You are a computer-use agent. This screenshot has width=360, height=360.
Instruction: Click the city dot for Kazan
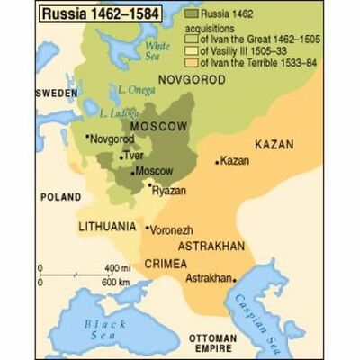click(217, 162)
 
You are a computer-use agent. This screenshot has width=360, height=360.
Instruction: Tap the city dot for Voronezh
click(147, 229)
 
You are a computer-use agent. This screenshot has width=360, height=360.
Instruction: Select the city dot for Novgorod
click(86, 137)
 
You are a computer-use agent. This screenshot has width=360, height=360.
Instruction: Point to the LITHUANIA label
click(107, 226)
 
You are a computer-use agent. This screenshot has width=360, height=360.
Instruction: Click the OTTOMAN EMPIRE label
click(211, 342)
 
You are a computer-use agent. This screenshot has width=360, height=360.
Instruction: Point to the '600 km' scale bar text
click(115, 281)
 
